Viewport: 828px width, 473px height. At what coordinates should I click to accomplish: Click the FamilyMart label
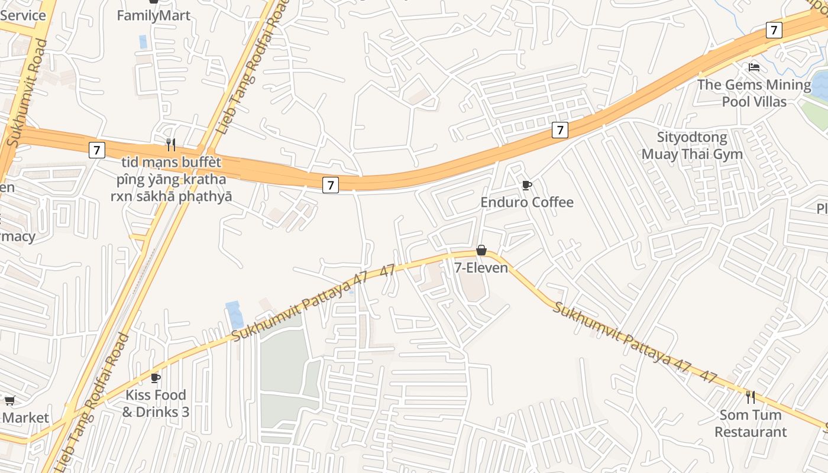coord(154,15)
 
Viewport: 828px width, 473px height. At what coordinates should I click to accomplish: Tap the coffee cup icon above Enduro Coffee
coord(526,186)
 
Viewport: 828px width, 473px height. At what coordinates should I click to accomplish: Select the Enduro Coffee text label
coord(526,202)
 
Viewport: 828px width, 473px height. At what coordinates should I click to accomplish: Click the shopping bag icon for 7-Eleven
coord(481,250)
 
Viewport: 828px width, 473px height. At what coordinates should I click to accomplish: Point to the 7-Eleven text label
coord(481,268)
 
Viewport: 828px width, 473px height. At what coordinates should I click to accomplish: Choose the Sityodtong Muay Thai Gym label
coord(692,146)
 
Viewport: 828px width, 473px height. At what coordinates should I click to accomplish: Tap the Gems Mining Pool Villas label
coord(753,93)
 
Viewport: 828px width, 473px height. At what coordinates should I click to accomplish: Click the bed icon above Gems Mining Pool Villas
coord(753,67)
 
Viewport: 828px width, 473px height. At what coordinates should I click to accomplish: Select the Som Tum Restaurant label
coord(751,423)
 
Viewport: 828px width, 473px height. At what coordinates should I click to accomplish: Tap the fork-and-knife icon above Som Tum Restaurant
coord(750,397)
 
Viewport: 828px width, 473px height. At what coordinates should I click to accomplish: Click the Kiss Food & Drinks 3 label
coord(156,403)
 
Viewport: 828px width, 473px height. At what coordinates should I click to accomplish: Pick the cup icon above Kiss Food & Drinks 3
coord(156,377)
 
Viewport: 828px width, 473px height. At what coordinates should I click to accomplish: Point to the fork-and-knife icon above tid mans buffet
coord(171,144)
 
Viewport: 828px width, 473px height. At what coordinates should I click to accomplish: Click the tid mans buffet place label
coord(172,179)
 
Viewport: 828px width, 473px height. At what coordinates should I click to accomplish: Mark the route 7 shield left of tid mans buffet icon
coord(97,150)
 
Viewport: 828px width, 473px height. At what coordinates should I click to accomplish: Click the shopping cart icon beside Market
coord(9,401)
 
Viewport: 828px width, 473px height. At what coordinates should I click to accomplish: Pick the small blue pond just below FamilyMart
coord(143,41)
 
